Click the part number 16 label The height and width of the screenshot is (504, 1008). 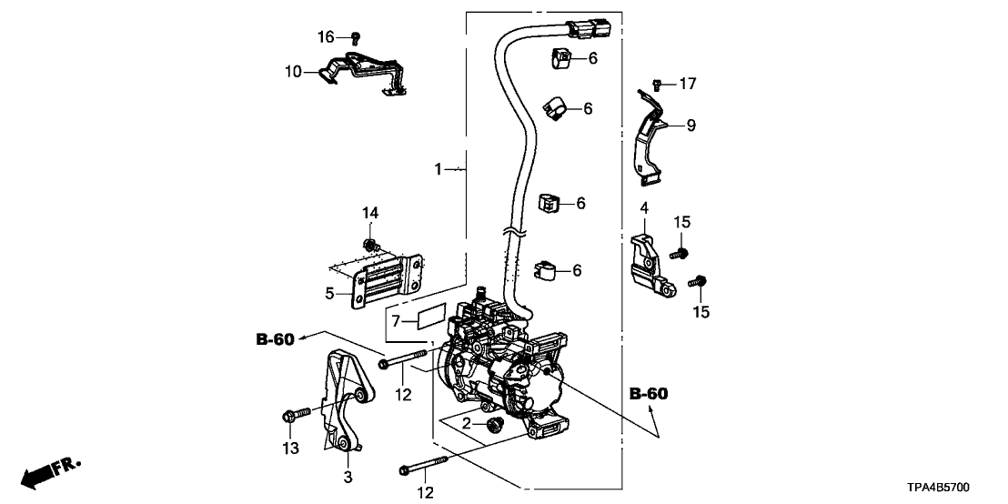point(326,36)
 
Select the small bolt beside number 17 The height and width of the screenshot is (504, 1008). point(657,85)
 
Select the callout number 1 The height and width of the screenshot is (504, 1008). point(438,169)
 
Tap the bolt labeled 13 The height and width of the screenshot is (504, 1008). point(290,417)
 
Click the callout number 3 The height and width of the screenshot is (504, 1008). point(348,477)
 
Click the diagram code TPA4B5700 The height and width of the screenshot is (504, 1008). point(951,488)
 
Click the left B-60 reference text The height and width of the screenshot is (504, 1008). point(274,340)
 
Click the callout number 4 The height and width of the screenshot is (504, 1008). point(643,208)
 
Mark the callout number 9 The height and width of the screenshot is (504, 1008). point(690,126)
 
